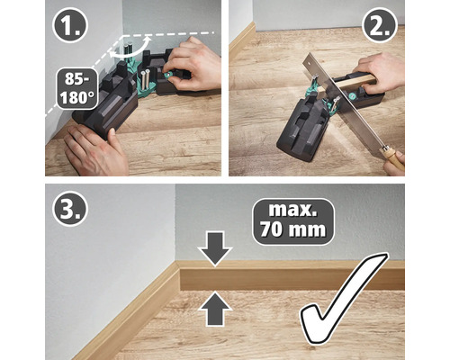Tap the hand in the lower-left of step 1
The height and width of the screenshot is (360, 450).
[x=94, y=148]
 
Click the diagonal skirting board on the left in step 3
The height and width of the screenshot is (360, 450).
[x=135, y=310]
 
